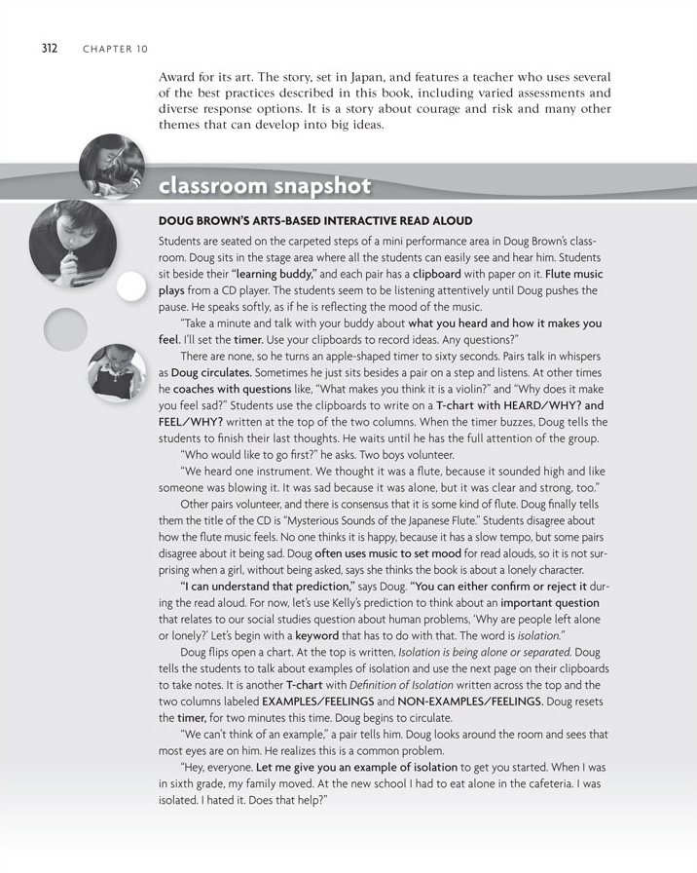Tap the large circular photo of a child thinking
click(x=70, y=248)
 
